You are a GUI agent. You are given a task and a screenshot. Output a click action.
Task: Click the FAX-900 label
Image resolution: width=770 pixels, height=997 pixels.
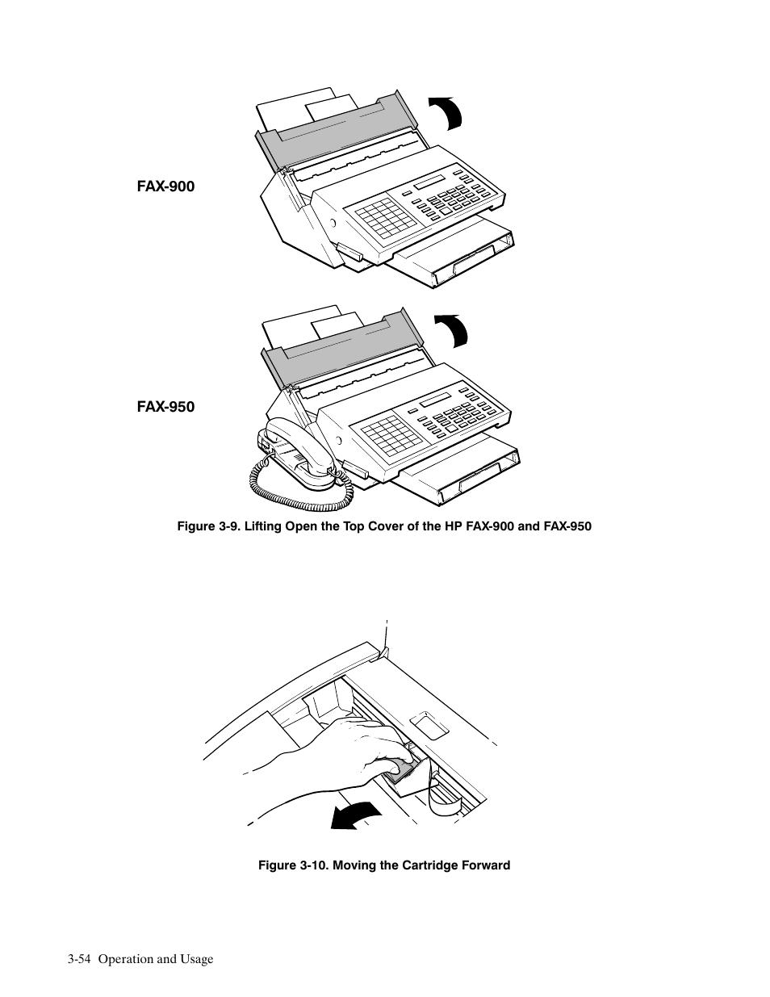(165, 186)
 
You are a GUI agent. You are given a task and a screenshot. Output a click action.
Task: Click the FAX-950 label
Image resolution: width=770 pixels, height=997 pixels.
(165, 407)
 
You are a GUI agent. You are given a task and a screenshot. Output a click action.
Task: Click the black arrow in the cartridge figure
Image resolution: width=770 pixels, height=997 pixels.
(356, 815)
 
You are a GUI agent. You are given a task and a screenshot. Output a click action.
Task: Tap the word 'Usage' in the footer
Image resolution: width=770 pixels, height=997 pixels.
(197, 959)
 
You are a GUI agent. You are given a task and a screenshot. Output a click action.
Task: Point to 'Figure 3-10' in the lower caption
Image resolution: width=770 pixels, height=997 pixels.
(290, 865)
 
